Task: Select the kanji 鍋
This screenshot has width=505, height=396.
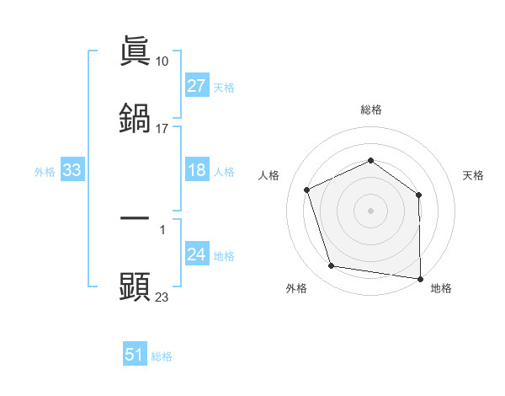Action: [x=135, y=119]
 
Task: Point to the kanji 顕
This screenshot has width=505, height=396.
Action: [x=135, y=287]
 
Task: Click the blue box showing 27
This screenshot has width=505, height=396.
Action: [x=197, y=86]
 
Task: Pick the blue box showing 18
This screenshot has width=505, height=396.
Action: [x=197, y=170]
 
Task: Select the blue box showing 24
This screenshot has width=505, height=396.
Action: [x=197, y=255]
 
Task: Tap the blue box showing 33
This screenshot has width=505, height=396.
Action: [x=72, y=171]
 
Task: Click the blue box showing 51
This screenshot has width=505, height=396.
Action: [x=135, y=355]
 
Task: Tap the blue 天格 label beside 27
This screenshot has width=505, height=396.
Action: [x=224, y=87]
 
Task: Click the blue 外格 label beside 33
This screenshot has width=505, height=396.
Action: [x=45, y=172]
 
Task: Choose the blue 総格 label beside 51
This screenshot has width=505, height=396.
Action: [x=162, y=356]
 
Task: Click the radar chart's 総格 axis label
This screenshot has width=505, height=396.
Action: [x=370, y=110]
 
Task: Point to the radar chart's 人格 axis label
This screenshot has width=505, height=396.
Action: [x=269, y=175]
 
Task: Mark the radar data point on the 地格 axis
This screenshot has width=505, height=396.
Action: [x=420, y=278]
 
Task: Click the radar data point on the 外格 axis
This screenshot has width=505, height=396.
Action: [x=332, y=266]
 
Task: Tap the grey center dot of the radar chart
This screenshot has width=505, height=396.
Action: [x=370, y=211]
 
